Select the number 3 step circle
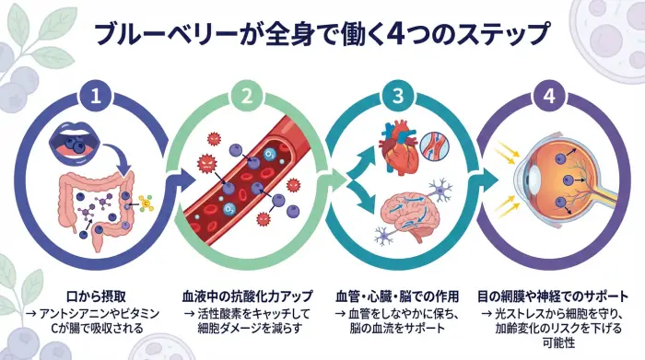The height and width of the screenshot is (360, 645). pyautogui.click(x=397, y=95)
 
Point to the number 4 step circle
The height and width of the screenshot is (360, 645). pyautogui.click(x=548, y=95)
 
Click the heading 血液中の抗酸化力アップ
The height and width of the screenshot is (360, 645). pyautogui.click(x=246, y=296)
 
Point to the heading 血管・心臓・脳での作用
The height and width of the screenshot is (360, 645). pyautogui.click(x=395, y=296)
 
